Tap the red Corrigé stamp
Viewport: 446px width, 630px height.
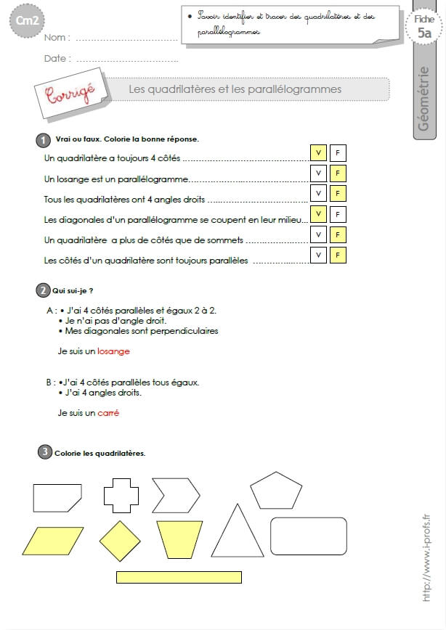point(70,94)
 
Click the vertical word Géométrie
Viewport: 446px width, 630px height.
point(424,99)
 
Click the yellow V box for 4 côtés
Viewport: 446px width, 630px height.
point(318,152)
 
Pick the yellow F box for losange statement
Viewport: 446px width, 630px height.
point(337,173)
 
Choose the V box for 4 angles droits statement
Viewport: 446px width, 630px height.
point(318,194)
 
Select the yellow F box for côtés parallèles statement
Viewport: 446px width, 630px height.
point(337,255)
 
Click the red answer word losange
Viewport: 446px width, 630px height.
point(113,351)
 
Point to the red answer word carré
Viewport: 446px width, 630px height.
point(108,413)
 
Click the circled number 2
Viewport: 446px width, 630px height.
point(42,291)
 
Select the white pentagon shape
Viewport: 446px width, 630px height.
point(276,491)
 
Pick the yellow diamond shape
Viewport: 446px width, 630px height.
point(120,541)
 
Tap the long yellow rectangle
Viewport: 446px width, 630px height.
point(179,577)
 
